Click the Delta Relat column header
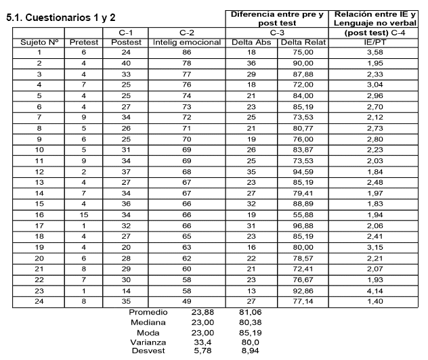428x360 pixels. click(303, 42)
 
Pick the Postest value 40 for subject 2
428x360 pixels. click(125, 62)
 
